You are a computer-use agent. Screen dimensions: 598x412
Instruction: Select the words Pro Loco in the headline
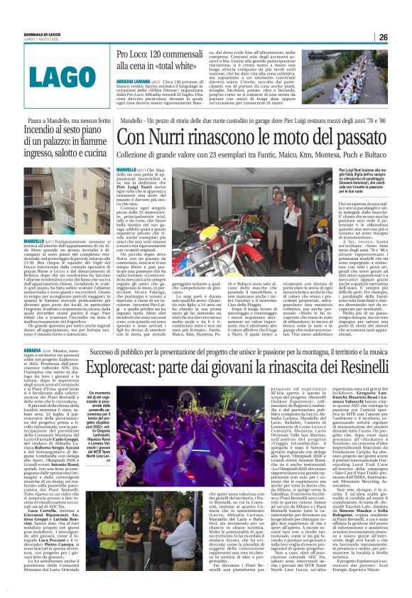pyautogui.click(x=134, y=54)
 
